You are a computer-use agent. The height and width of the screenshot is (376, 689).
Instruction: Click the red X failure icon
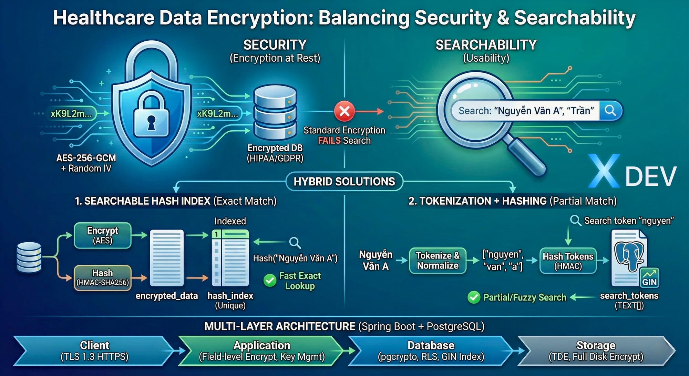pyautogui.click(x=344, y=111)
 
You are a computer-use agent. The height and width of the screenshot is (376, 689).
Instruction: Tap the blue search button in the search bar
pyautogui.click(x=610, y=111)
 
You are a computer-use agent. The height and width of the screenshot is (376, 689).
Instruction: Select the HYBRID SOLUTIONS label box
pyautogui.click(x=344, y=181)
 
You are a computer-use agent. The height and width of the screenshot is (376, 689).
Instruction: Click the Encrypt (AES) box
pyautogui.click(x=103, y=235)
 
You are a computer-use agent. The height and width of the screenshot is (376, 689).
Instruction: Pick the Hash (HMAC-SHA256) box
pyautogui.click(x=103, y=278)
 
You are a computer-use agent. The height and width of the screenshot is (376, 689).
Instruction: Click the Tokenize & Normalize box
pyautogui.click(x=438, y=261)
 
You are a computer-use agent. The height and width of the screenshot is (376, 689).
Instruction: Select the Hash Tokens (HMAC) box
pyautogui.click(x=568, y=261)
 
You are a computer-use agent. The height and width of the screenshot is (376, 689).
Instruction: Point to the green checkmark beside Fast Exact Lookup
pyautogui.click(x=270, y=281)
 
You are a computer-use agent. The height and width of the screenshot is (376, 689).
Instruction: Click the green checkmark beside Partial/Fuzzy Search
pyautogui.click(x=474, y=297)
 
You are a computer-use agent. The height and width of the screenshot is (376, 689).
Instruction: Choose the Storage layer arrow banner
pyautogui.click(x=596, y=350)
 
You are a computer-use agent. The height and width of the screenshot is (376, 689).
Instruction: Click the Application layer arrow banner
pyautogui.click(x=261, y=350)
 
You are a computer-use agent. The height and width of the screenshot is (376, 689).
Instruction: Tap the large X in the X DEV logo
pyautogui.click(x=603, y=171)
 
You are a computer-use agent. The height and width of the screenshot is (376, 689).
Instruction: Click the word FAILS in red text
pyautogui.click(x=329, y=141)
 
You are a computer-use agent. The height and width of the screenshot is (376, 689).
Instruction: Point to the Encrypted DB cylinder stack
pyautogui.click(x=275, y=112)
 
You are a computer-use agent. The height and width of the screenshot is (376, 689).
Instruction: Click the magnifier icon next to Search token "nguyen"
pyautogui.click(x=575, y=220)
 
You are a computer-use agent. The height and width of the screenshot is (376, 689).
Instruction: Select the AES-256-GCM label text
pyautogui.click(x=86, y=158)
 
